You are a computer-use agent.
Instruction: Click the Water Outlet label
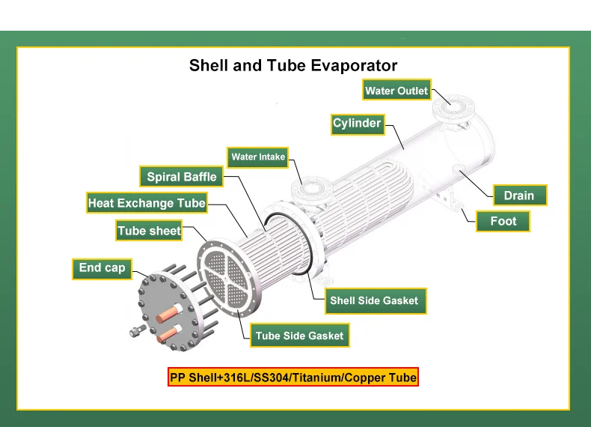tap(396, 90)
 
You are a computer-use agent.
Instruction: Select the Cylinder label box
tap(358, 124)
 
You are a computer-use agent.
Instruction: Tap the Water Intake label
tap(258, 157)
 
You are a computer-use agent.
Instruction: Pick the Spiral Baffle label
tap(181, 176)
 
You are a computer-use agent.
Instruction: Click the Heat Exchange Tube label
tap(147, 203)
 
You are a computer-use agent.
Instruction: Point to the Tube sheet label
tap(149, 230)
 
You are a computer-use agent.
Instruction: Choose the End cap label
tap(102, 269)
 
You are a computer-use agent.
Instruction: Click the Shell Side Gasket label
tap(376, 301)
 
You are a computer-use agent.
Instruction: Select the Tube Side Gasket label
tap(300, 336)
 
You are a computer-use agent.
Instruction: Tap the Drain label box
tap(520, 196)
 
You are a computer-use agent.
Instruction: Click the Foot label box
tap(503, 221)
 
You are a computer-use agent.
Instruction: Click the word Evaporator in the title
tap(354, 65)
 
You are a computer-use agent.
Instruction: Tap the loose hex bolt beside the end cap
tap(138, 330)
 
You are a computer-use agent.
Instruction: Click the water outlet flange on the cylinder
tap(453, 108)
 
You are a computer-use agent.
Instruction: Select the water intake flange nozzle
tap(311, 190)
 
